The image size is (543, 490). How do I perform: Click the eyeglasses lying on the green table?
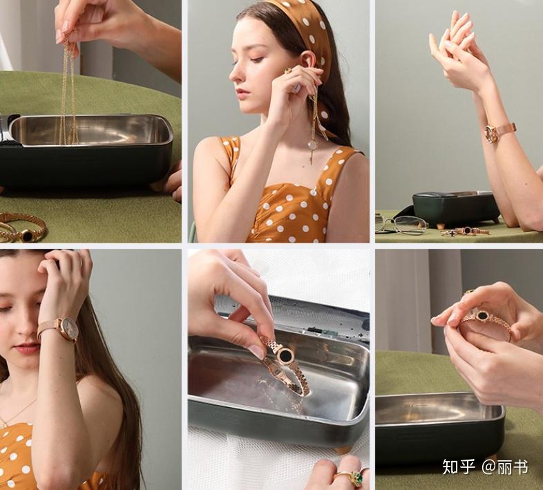click(x=401, y=224)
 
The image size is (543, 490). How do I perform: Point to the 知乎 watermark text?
click(x=458, y=467)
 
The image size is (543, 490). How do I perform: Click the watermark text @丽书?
click(x=505, y=467)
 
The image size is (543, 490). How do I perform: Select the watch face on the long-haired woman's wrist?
click(x=68, y=329)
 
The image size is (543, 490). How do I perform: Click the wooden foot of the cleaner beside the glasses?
click(x=441, y=225)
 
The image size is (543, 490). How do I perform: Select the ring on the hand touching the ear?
click(x=287, y=71)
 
